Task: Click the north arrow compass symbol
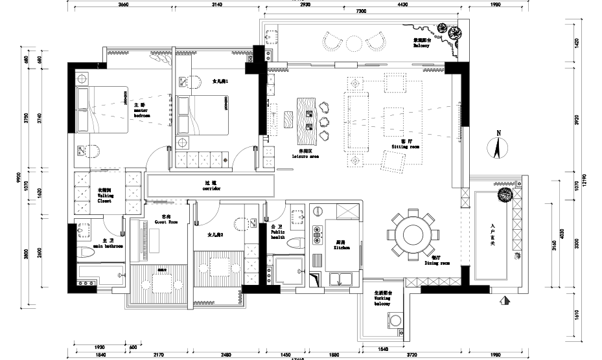pos(498,145)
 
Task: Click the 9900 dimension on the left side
pos(19,176)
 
